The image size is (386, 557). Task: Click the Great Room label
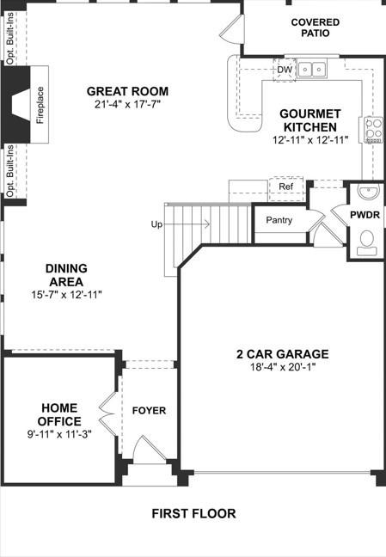[x=127, y=91]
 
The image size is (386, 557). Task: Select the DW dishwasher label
[x=285, y=70]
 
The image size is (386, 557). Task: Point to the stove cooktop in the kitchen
[x=374, y=130]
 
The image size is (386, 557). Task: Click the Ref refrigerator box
[x=285, y=187]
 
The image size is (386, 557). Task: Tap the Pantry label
[x=279, y=220]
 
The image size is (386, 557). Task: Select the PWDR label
[x=365, y=214]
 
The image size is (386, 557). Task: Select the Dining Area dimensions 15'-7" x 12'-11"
[x=66, y=295]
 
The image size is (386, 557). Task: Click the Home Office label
[x=60, y=415]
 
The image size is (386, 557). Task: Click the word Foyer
[x=149, y=411]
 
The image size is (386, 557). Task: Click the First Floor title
[x=193, y=514]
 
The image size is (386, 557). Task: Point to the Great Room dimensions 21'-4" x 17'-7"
[x=127, y=106]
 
